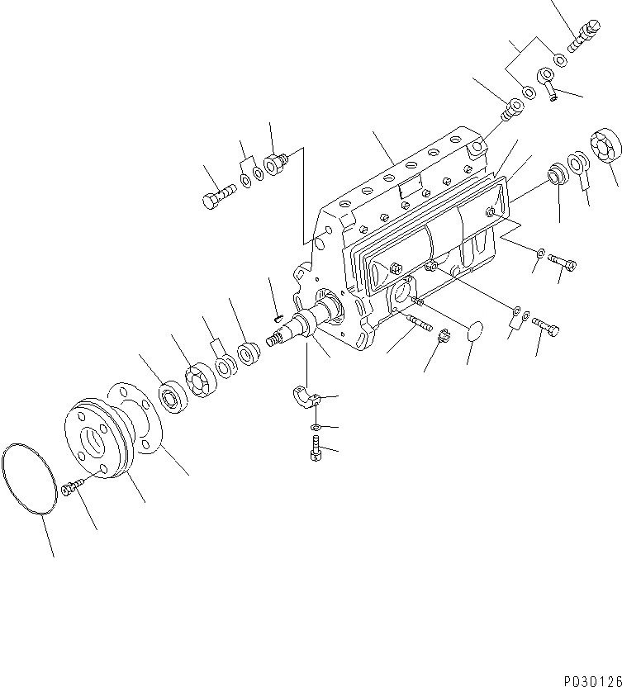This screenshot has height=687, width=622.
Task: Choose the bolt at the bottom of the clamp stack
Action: coord(314,451)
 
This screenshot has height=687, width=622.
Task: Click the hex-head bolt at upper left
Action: coord(217,196)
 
